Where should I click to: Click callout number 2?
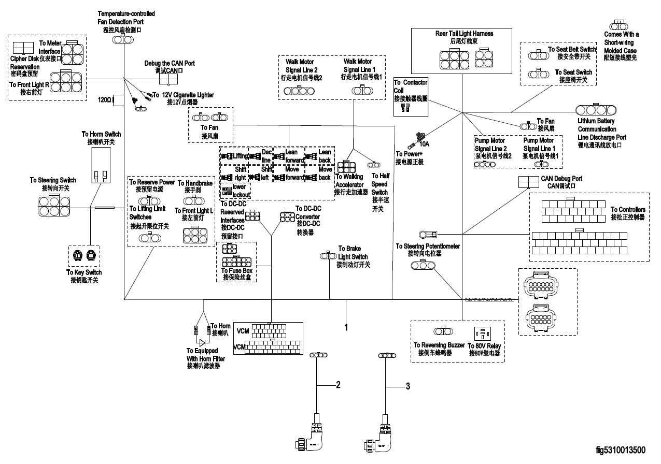pyautogui.click(x=338, y=385)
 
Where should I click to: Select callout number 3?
pyautogui.click(x=408, y=386)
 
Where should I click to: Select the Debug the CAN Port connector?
pyautogui.click(x=168, y=79)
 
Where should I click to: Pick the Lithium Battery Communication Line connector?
pyautogui.click(x=596, y=110)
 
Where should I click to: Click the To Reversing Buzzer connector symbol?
pyautogui.click(x=443, y=331)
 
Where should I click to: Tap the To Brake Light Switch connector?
pyautogui.click(x=329, y=255)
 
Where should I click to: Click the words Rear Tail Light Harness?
pyautogui.click(x=464, y=34)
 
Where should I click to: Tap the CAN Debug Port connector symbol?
pyautogui.click(x=528, y=181)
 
